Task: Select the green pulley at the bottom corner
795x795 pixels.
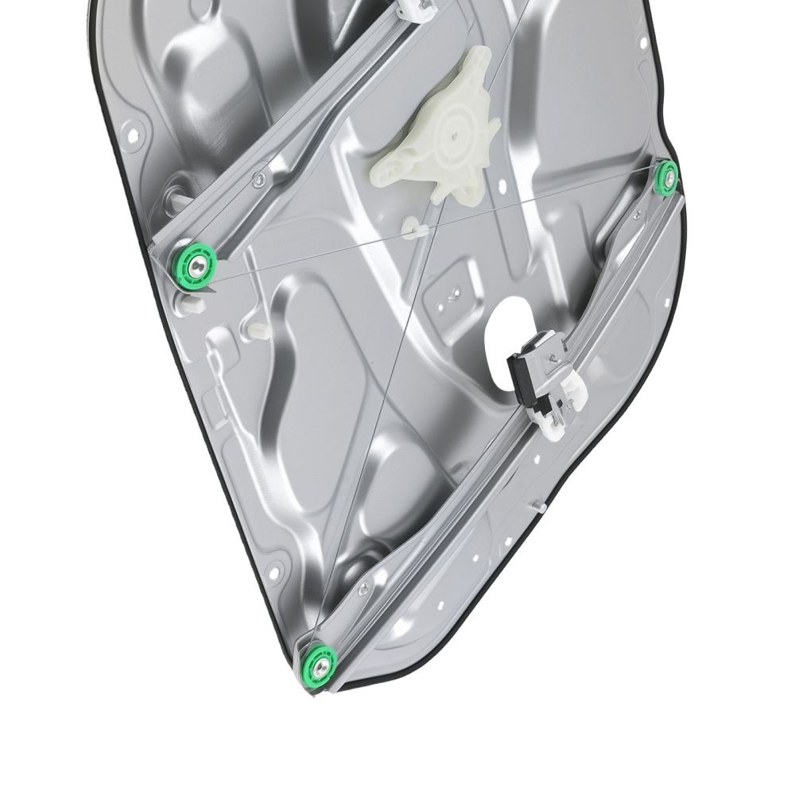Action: (320, 664)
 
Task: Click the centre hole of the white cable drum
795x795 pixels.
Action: (453, 134)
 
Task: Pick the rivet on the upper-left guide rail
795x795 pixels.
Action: (258, 180)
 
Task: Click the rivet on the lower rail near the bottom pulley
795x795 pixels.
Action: (363, 589)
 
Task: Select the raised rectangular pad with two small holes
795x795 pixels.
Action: (452, 296)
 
